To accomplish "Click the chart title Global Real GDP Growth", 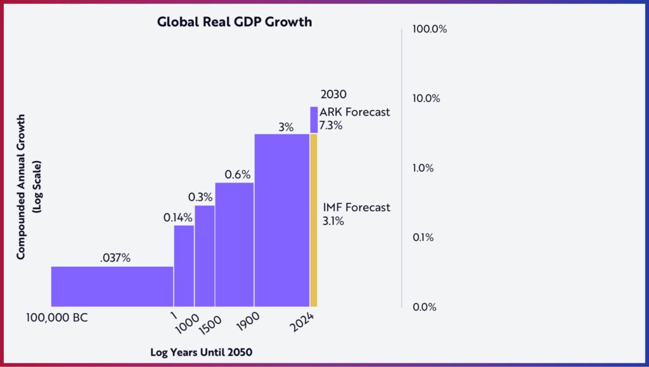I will (x=234, y=22).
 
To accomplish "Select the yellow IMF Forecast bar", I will (x=313, y=220).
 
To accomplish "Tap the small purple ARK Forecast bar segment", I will (x=314, y=120).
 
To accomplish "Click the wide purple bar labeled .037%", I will (x=112, y=287).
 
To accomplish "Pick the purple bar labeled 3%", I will (x=281, y=220).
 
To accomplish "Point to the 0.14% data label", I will (x=178, y=217).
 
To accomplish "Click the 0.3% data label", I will (x=201, y=197).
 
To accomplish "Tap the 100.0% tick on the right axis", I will (x=430, y=29).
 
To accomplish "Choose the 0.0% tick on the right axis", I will (x=425, y=307).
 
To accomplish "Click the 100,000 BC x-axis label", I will (x=57, y=318).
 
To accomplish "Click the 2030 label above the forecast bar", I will (x=333, y=95).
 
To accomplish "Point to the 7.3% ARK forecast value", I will (x=331, y=126).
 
